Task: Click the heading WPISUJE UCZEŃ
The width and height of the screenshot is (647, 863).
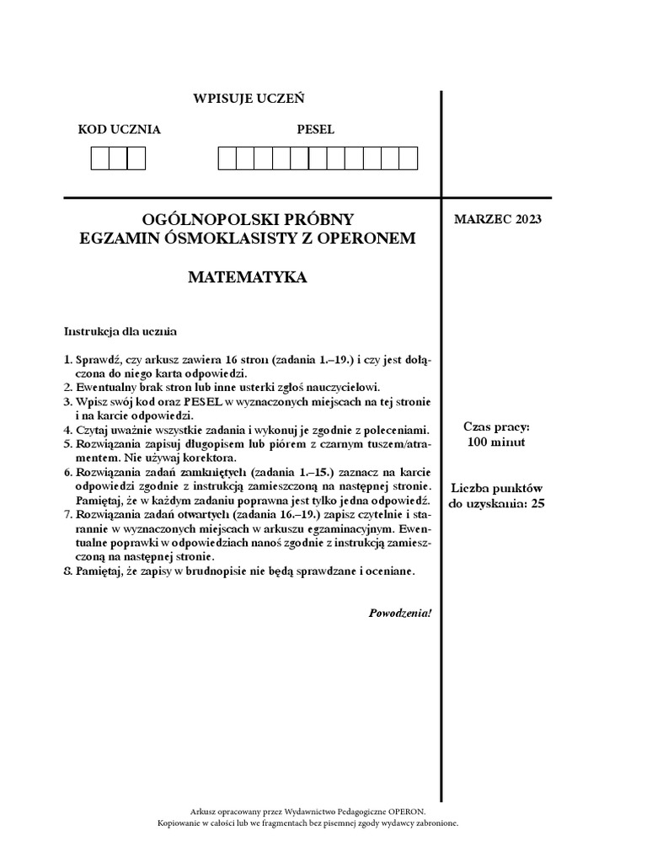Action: [249, 99]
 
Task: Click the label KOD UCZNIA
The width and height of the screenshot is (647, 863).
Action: [119, 130]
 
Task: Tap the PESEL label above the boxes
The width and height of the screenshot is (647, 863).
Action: [315, 130]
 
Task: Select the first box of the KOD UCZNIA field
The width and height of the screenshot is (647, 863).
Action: [100, 158]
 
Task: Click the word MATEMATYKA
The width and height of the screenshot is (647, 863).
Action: [247, 276]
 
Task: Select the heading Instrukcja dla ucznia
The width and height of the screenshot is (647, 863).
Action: [120, 331]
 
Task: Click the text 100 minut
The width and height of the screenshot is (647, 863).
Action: [496, 442]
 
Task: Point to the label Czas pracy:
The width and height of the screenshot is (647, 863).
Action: [496, 427]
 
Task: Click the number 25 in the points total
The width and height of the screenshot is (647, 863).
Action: [539, 504]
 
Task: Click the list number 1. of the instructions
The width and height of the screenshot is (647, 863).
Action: [68, 360]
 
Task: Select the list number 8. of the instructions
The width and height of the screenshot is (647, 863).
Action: [68, 571]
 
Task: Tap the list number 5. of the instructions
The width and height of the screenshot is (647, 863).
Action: [68, 443]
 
